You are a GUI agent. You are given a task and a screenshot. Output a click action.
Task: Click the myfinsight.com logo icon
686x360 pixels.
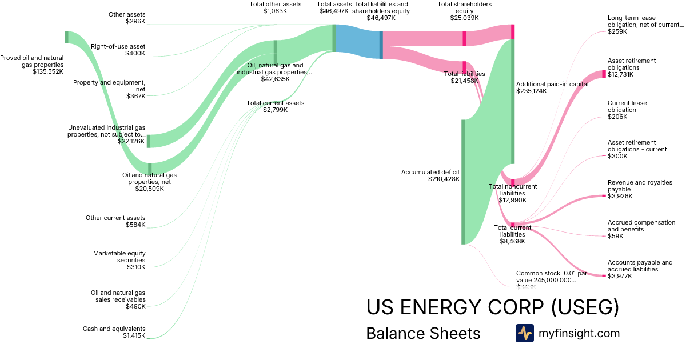coord(524,333)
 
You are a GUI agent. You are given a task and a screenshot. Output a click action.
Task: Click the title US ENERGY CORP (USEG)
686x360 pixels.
coord(492,307)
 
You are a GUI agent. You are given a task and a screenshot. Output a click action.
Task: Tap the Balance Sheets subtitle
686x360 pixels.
coord(423,333)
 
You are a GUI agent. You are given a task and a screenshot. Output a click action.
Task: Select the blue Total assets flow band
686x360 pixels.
coord(358,42)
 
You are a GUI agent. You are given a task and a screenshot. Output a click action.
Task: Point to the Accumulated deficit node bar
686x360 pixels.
coord(463,182)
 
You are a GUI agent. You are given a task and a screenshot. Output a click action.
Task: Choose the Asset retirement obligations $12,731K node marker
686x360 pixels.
coord(603,74)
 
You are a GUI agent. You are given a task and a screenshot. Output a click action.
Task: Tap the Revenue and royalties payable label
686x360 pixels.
coord(640,189)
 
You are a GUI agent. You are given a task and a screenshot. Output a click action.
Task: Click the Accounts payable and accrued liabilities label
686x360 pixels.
coord(640,269)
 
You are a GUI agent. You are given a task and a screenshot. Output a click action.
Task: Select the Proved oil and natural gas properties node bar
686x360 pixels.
coord(66,37)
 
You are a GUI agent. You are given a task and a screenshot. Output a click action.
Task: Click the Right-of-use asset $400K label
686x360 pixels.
coord(118,50)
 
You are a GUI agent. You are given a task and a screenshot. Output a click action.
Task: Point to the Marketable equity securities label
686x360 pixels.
coord(119,260)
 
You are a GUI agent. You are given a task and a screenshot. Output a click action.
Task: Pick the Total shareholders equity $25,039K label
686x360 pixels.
coord(464,11)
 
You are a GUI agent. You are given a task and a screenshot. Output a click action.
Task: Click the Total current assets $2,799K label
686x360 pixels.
coord(275,106)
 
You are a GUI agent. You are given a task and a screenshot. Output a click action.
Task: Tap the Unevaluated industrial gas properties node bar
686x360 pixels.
coord(149,141)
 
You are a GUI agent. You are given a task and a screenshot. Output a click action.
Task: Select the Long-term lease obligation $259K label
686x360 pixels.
coord(645,25)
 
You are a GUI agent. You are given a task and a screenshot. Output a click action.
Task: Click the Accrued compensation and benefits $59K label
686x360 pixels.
coord(641,229)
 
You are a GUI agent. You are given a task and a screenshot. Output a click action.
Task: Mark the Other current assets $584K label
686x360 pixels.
coord(115,221)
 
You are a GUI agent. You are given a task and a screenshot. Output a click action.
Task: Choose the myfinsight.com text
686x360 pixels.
coord(579,333)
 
